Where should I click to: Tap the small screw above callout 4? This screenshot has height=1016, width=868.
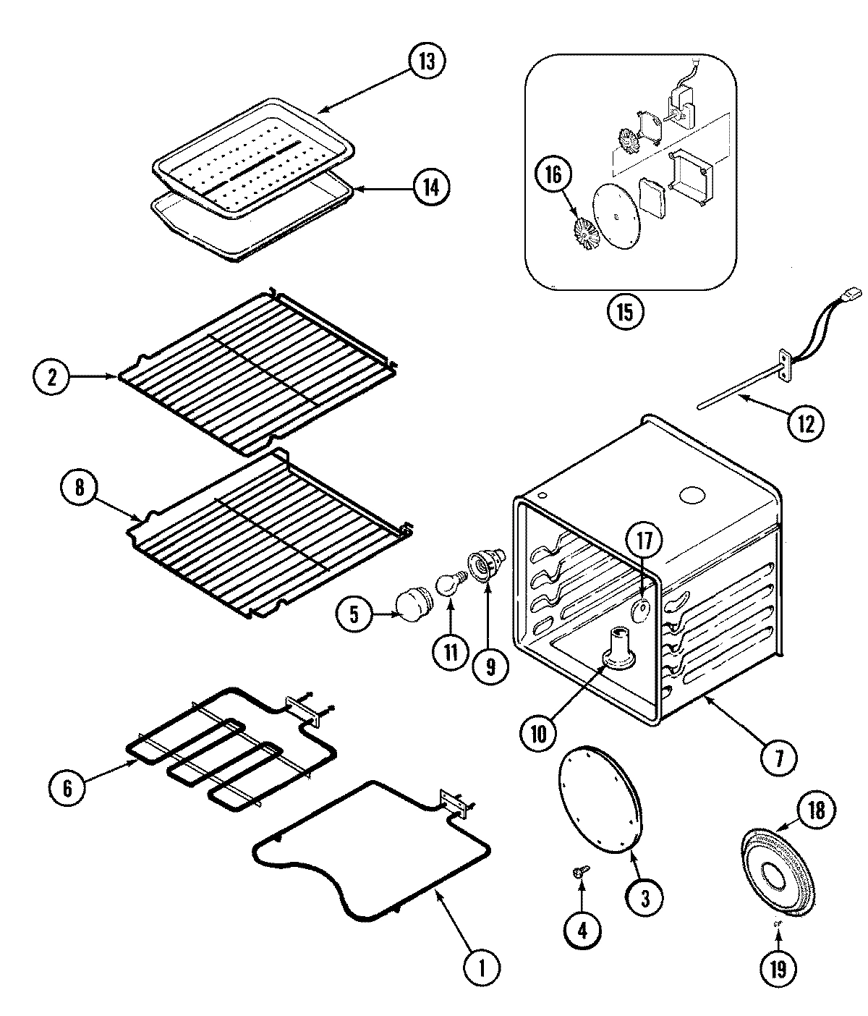[x=579, y=874]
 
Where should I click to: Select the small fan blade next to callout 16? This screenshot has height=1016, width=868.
[x=583, y=232]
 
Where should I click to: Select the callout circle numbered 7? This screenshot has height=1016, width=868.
[x=778, y=758]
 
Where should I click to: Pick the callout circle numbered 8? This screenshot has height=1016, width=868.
[x=78, y=487]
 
